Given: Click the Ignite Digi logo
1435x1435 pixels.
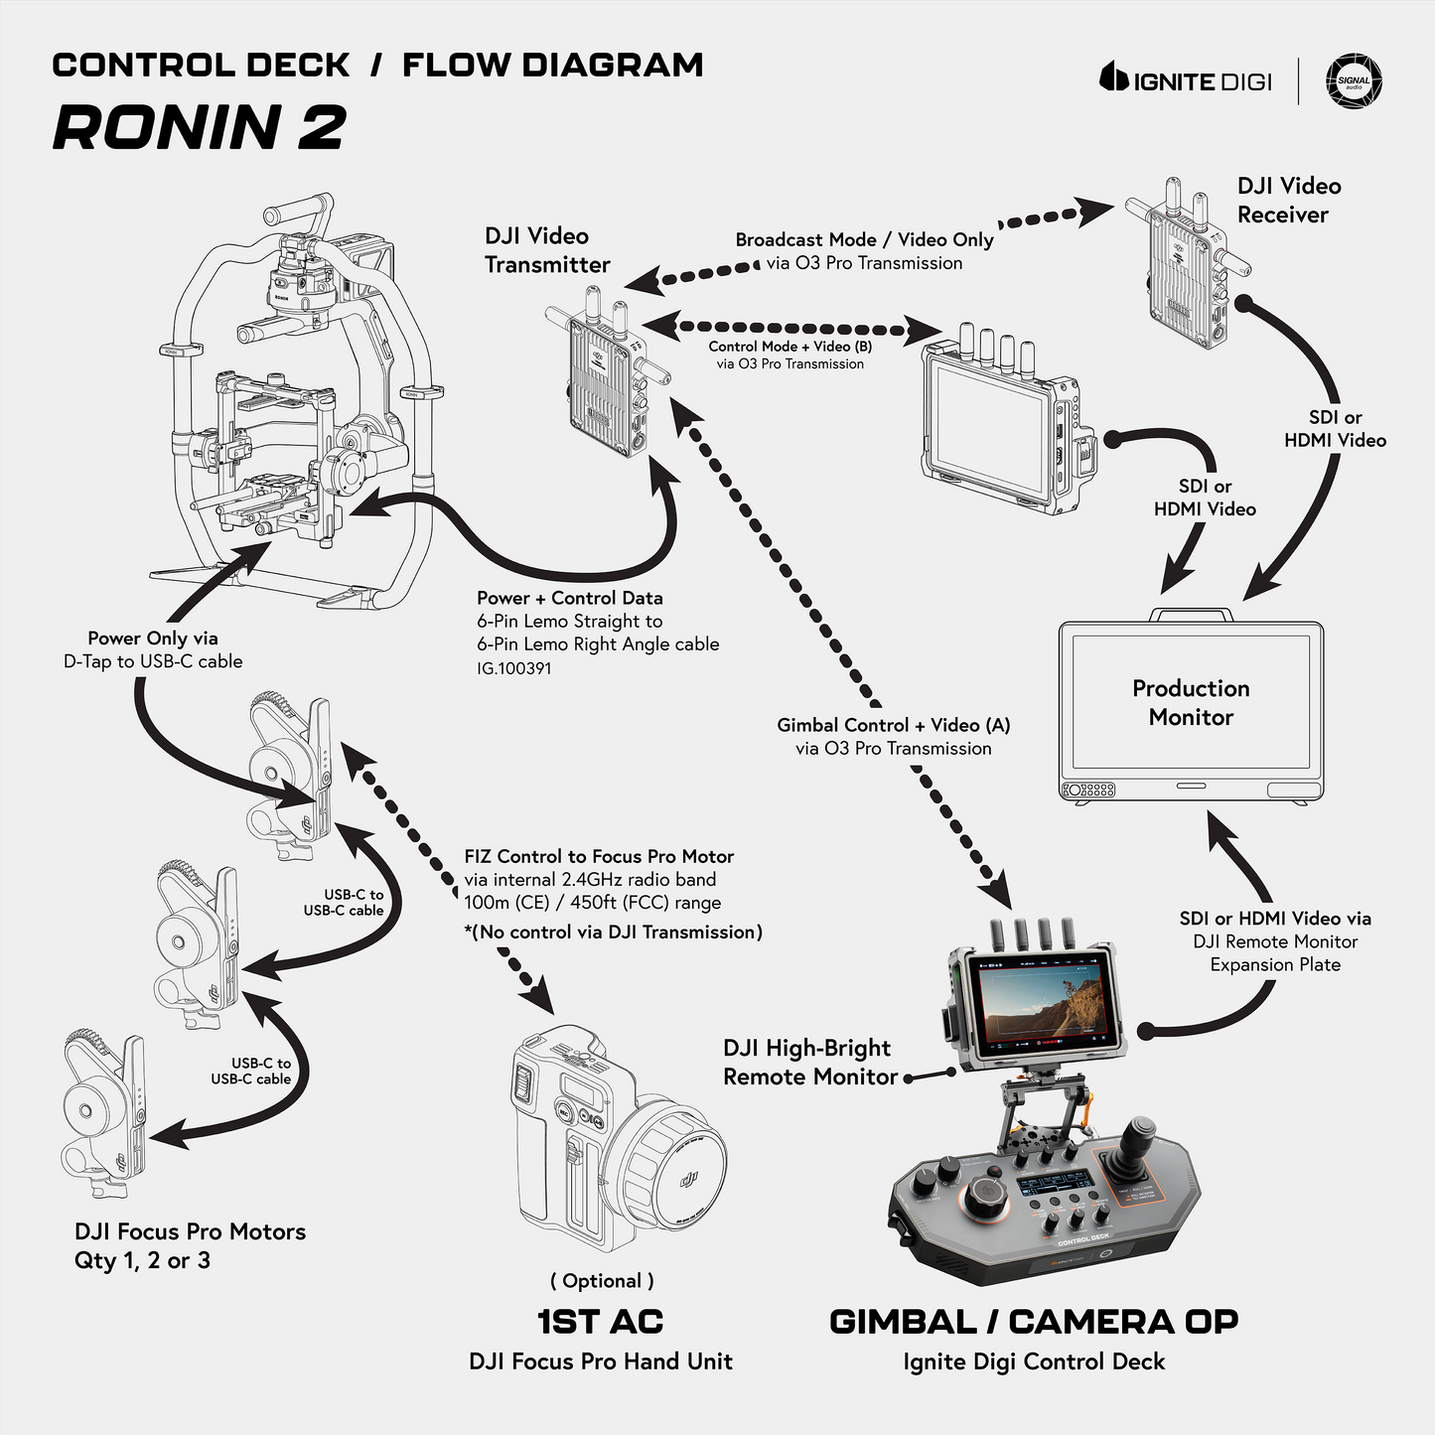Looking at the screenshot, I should click(x=1186, y=79).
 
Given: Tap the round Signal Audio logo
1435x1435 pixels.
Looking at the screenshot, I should click(x=1354, y=81).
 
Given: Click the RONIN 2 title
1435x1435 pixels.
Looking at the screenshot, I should click(x=199, y=128).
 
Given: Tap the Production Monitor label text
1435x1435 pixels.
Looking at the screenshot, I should click(x=1191, y=702).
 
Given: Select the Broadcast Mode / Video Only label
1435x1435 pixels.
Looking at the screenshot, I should click(x=864, y=239).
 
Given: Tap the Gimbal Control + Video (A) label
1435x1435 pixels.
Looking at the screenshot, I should click(x=893, y=725).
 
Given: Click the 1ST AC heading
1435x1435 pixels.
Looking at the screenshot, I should click(x=600, y=1322).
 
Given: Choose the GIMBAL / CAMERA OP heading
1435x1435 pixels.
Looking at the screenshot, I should click(x=1033, y=1322).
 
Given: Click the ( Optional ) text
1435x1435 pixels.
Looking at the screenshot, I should click(x=602, y=1280).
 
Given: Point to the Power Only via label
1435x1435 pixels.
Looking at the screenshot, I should click(x=152, y=638).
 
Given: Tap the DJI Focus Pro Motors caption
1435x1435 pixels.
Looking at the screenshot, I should click(x=190, y=1231).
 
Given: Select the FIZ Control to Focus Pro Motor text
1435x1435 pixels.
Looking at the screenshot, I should click(x=599, y=856).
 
